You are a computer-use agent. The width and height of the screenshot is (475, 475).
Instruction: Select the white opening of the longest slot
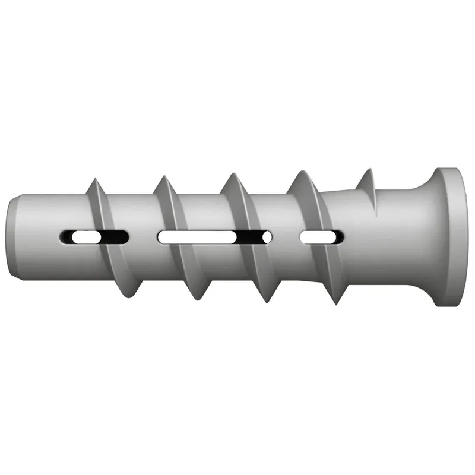(196, 237)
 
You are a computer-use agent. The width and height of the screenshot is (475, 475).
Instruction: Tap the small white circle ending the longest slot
(267, 237)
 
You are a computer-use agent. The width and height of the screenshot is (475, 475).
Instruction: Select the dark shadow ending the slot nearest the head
(338, 237)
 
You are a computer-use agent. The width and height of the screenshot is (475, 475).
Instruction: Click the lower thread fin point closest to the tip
(126, 294)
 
